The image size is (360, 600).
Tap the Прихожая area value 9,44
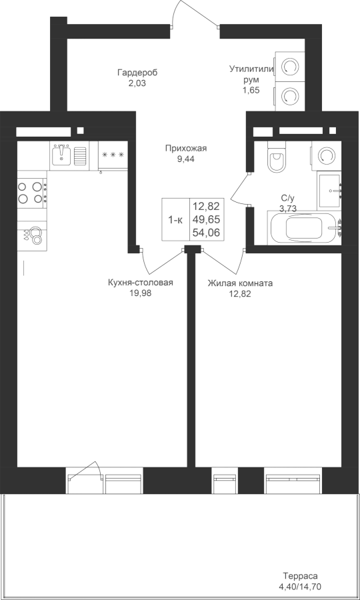tap(185, 159)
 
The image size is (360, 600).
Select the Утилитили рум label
tap(252, 74)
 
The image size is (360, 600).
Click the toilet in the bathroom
tap(277, 157)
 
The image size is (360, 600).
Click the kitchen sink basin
tap(61, 155)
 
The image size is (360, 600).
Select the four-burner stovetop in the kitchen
tap(30, 193)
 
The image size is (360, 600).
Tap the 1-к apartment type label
tap(175, 220)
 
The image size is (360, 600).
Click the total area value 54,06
tap(207, 233)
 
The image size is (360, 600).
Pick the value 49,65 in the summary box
tap(207, 219)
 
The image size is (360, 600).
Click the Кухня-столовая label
tap(141, 283)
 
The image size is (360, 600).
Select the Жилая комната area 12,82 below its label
tap(240, 294)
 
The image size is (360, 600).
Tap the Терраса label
tap(300, 576)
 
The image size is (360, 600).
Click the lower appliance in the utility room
tap(289, 97)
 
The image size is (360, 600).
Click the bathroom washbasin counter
tap(329, 191)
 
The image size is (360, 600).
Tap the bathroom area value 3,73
tap(289, 209)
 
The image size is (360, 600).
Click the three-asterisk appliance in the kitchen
tap(113, 155)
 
